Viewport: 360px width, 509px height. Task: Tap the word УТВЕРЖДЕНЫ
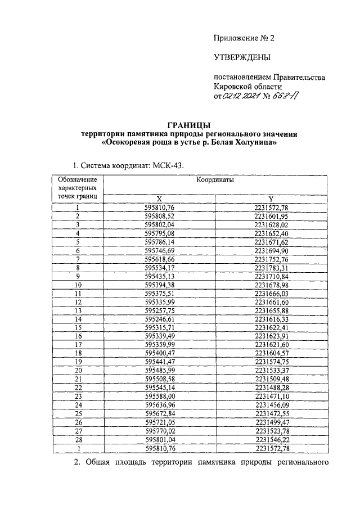(242, 57)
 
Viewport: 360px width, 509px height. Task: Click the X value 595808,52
(160, 216)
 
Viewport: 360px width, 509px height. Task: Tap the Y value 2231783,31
(271, 269)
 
